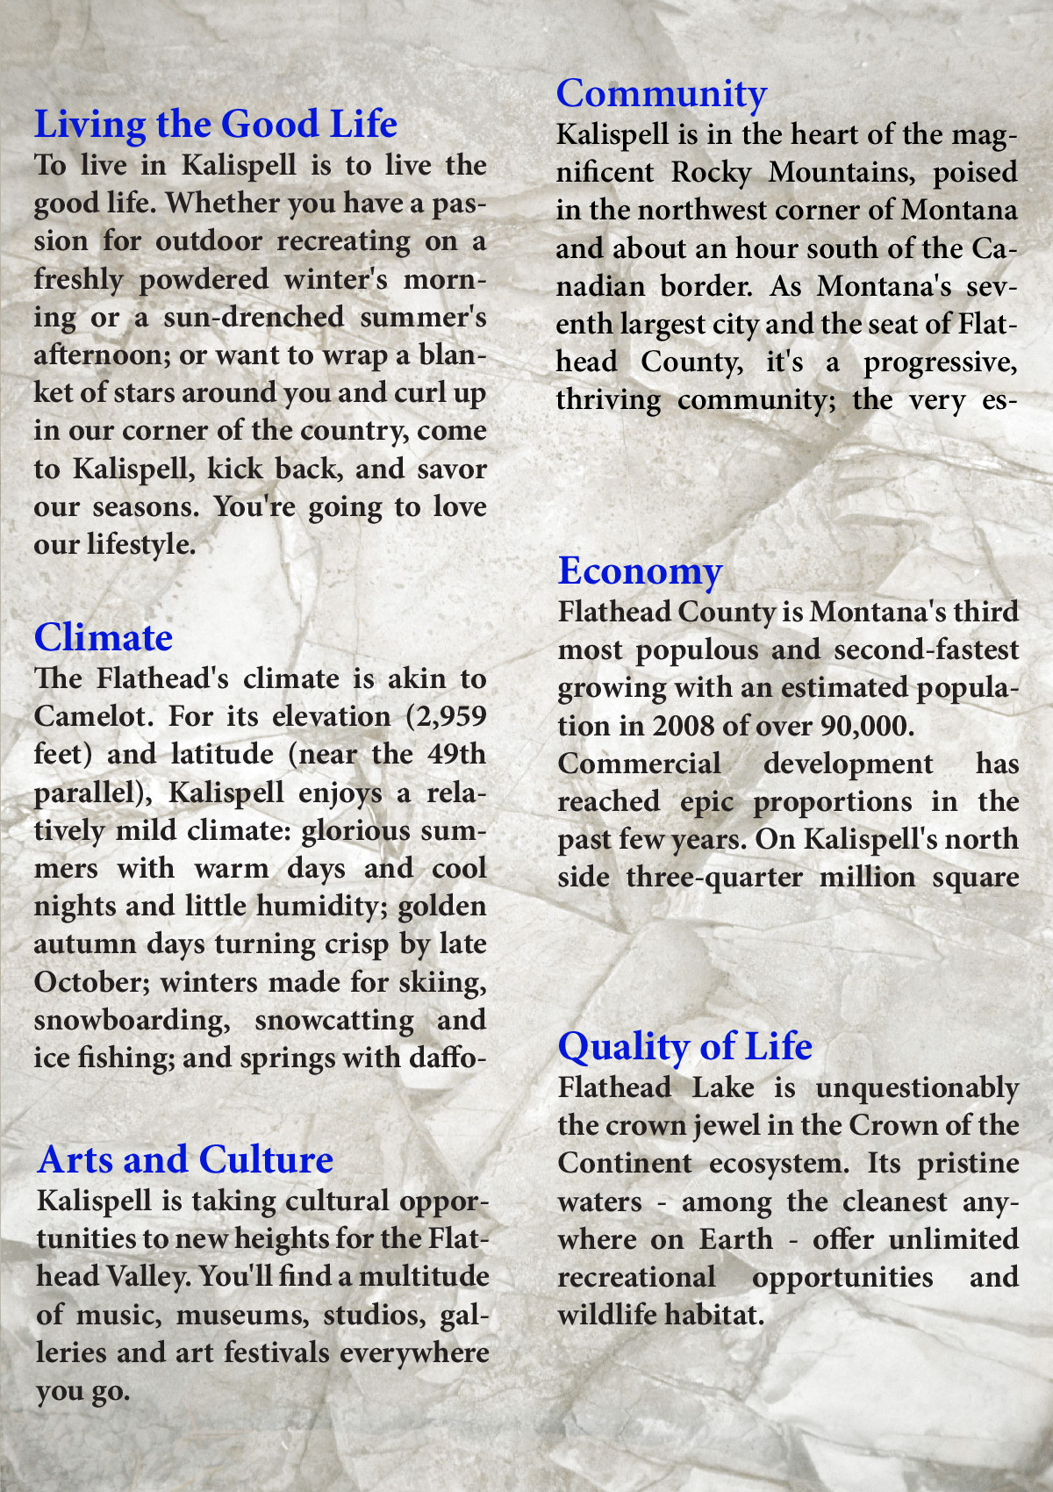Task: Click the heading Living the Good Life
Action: point(215,124)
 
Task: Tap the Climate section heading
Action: point(103,637)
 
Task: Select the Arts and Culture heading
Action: point(185,1159)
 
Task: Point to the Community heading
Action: point(662,93)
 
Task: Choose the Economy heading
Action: point(640,570)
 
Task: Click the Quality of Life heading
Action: point(684,1046)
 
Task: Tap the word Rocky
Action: point(710,172)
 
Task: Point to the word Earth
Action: point(735,1239)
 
